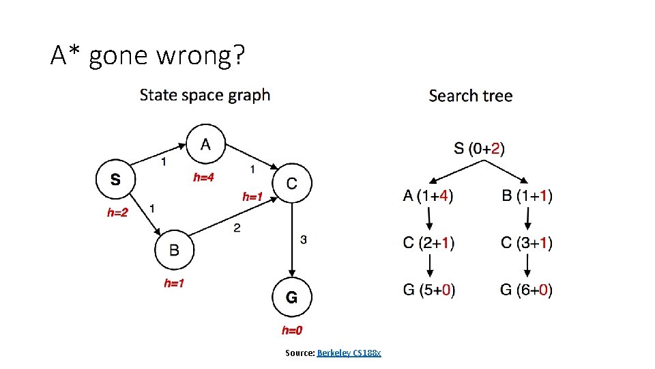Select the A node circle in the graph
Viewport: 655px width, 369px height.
pos(205,145)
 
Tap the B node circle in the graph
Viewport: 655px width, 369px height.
pos(174,249)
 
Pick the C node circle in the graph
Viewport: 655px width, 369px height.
pos(292,183)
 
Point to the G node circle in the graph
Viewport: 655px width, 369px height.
pos(291,297)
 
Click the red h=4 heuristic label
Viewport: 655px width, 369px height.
pos(203,178)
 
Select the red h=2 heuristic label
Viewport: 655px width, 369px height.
pos(117,213)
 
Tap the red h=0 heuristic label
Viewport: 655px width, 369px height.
pos(292,331)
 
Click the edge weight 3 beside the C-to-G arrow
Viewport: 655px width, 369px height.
pos(303,239)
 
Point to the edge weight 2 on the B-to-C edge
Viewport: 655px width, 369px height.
pos(237,228)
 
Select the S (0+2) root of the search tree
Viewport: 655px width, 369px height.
pos(480,148)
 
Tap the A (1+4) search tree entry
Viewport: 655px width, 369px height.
pos(428,196)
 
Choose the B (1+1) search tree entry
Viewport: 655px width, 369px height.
pos(527,196)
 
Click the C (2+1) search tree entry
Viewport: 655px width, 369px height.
pos(428,243)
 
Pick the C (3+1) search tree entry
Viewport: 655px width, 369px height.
pos(527,243)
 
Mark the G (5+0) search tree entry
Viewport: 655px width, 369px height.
pos(429,290)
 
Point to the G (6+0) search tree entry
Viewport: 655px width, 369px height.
pos(527,290)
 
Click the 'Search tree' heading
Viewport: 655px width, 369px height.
pos(470,96)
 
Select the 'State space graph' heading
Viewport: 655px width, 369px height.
pos(205,95)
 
